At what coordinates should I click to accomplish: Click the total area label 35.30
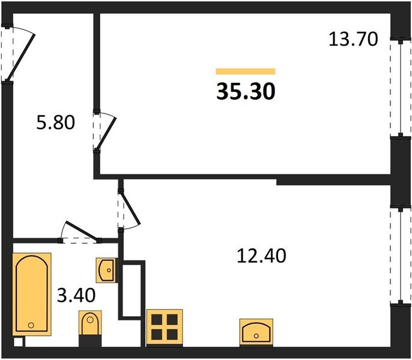pos(246,91)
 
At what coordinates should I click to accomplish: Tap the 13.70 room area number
pos(353,39)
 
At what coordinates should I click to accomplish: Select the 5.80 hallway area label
pos(56,122)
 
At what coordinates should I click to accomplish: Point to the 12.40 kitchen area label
pos(261,256)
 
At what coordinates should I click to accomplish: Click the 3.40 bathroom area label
pos(76,295)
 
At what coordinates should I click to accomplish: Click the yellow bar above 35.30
pos(246,71)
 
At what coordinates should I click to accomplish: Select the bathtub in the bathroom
pos(32,294)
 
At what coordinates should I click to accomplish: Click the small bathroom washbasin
pos(106,270)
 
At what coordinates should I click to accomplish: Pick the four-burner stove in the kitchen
pos(165,328)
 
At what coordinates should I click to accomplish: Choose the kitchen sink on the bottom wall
pos(256,332)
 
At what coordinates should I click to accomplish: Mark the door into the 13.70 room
pos(105,131)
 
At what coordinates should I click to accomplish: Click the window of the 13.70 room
pos(401,88)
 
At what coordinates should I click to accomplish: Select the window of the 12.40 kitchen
pos(401,256)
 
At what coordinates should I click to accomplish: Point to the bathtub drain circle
pos(31,325)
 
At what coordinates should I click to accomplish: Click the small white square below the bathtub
pos(19,342)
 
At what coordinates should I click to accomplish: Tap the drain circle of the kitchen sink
pos(256,336)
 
